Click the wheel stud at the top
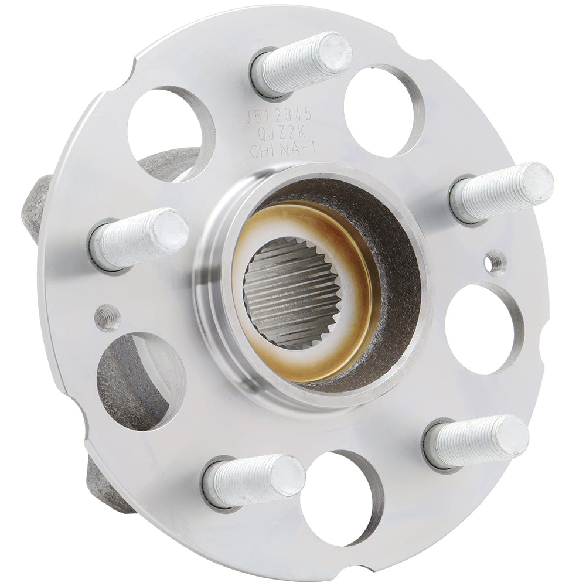(x=302, y=63)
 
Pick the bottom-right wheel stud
(x=478, y=441)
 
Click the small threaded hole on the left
(x=107, y=318)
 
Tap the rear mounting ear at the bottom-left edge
(x=105, y=486)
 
